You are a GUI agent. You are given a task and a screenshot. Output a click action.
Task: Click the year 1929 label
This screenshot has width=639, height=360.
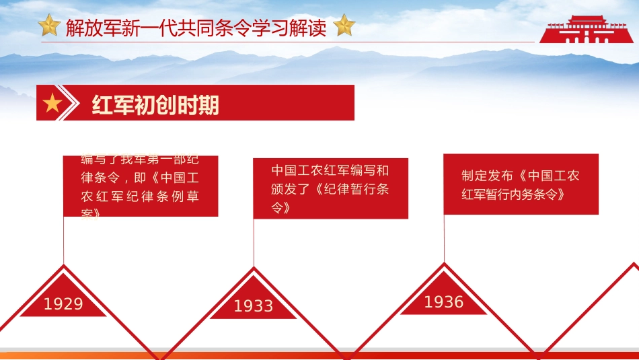click(63, 304)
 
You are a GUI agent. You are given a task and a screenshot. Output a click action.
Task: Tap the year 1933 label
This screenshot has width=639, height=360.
click(254, 306)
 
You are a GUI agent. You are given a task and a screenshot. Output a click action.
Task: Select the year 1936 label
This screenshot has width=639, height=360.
click(444, 302)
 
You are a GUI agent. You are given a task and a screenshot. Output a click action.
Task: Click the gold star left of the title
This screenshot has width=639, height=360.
click(49, 27)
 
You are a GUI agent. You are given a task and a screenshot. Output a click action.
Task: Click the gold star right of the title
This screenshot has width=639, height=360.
click(344, 26)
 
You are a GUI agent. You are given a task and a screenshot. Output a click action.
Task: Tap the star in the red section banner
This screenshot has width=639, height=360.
click(52, 104)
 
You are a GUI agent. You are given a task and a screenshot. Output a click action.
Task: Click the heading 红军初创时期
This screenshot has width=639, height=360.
click(155, 105)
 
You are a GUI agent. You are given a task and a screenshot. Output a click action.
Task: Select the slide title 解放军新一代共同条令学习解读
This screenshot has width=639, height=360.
click(196, 28)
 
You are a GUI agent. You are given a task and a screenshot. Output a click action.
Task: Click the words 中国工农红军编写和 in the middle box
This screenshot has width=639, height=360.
click(330, 171)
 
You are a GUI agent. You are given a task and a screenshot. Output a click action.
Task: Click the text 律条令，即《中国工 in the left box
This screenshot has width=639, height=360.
click(140, 179)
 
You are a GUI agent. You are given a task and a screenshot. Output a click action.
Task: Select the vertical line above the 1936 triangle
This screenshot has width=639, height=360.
click(444, 239)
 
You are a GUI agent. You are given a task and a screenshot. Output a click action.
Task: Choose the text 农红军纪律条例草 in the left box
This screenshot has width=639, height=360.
click(140, 196)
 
